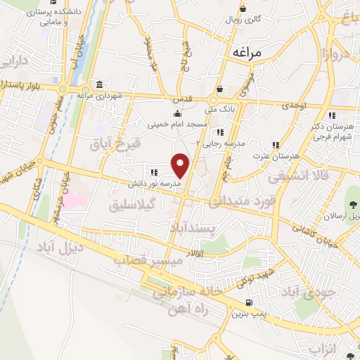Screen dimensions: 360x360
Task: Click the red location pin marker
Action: pos(181,165)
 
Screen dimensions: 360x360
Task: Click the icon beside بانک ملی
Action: pos(220,89)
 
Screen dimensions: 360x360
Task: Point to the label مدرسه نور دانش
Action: pos(153,184)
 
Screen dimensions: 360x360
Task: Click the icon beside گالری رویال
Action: pos(243,9)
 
